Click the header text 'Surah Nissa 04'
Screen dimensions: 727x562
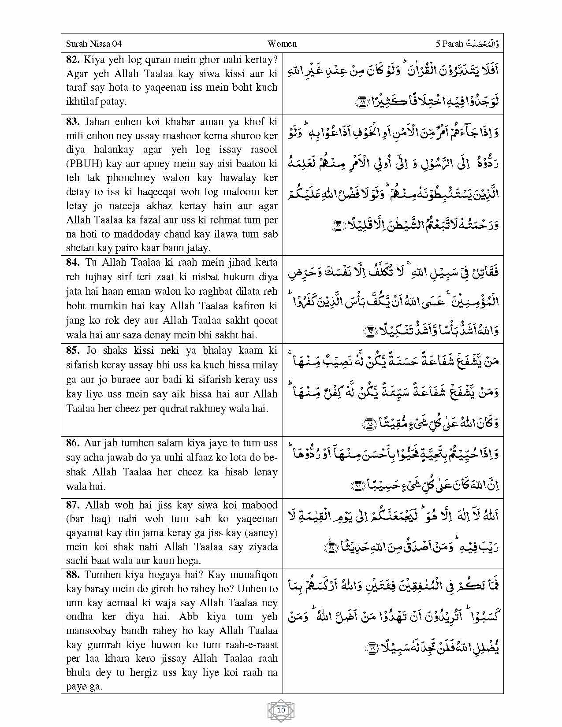point(93,44)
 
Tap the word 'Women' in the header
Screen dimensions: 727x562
point(282,44)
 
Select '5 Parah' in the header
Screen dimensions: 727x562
point(449,44)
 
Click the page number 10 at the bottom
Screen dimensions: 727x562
point(281,710)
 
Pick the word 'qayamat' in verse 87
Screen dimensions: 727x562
point(84,533)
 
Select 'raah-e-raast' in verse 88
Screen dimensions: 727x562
point(252,645)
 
